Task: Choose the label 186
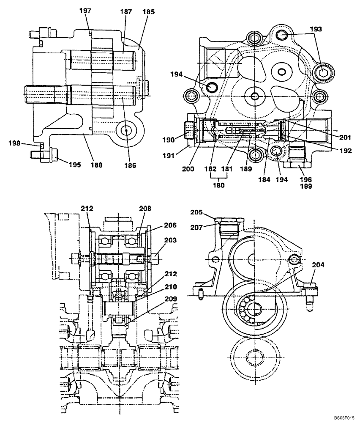131,165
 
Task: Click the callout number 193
316,29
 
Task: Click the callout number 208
145,209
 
